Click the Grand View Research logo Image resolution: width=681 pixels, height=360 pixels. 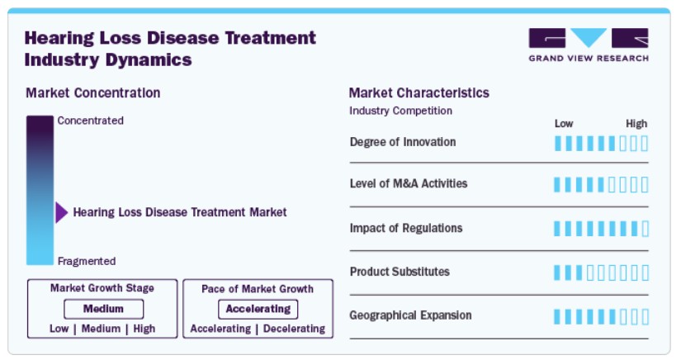pos(589,45)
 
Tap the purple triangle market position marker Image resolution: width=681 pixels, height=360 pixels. pos(61,212)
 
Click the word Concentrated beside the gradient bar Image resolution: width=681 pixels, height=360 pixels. pos(90,121)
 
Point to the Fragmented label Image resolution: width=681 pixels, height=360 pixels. pos(87,261)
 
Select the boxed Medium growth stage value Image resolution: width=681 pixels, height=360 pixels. pos(103,309)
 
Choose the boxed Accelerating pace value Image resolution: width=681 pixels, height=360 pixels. pos(258,309)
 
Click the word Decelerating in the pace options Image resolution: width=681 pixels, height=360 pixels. pos(294,329)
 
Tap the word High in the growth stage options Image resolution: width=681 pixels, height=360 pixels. pos(144,329)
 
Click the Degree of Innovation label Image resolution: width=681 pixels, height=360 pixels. pos(403,142)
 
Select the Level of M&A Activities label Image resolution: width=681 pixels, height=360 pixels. pos(409,183)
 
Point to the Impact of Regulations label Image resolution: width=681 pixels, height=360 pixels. pos(406,228)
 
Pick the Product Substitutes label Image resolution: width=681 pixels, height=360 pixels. pos(400,272)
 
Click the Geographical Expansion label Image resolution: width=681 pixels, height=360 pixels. pos(410,315)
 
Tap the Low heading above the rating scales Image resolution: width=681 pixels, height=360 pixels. pos(564,124)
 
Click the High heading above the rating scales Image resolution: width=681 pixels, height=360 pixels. pos(636,124)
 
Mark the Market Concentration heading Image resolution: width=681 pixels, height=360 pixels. pos(93,93)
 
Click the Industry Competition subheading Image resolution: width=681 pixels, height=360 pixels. pos(400,111)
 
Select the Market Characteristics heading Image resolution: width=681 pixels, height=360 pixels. pos(419,93)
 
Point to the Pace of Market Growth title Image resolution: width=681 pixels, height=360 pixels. pos(258,289)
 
